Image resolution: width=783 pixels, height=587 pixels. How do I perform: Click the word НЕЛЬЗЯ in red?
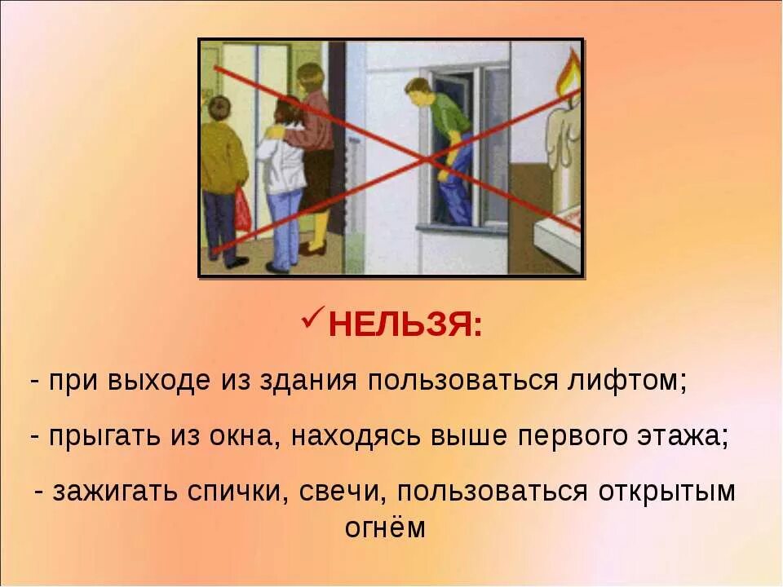405,327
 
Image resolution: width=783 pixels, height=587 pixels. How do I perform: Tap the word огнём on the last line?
385,527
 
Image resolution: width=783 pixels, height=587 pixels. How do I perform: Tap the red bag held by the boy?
242,211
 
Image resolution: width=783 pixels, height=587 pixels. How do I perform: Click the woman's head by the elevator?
311,79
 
